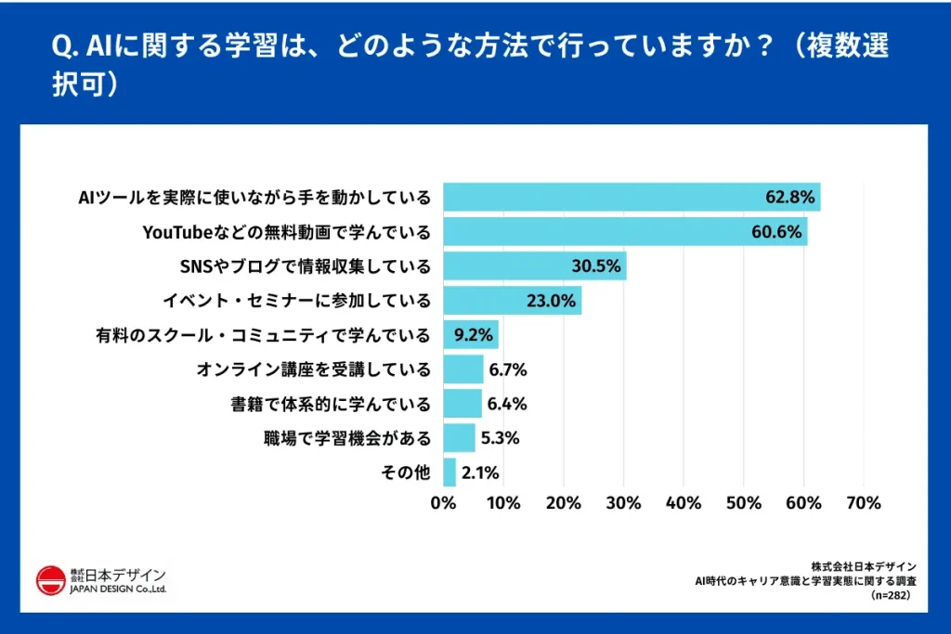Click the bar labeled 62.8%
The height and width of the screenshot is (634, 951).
click(632, 198)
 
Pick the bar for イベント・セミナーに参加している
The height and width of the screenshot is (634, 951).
click(512, 301)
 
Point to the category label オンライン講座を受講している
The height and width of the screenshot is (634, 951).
click(314, 369)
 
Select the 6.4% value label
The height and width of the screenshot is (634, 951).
click(507, 404)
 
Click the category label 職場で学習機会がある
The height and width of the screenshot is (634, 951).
click(347, 438)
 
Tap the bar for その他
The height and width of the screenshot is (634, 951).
click(449, 472)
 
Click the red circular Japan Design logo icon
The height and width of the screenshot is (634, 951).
click(50, 582)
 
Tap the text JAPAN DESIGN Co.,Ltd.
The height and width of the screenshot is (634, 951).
click(117, 589)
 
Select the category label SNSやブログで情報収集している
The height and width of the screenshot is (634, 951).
click(305, 266)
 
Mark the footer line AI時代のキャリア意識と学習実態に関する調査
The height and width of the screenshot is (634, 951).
click(806, 581)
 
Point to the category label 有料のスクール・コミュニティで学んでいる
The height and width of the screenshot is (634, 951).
click(263, 335)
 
